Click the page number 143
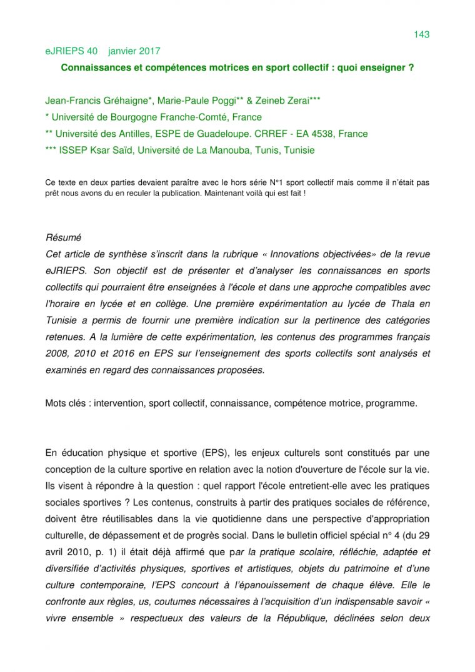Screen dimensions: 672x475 (421, 34)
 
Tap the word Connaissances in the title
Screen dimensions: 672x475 (92, 67)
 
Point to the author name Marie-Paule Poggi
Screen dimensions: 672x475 (202, 101)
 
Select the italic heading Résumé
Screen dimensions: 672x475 (63, 238)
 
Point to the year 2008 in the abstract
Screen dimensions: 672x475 (58, 353)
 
